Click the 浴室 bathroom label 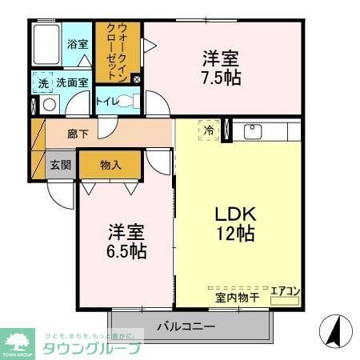[x=78, y=45]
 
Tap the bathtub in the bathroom [x=48, y=46]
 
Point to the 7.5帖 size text [x=222, y=79]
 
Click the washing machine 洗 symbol [x=42, y=82]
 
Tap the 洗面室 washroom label [x=71, y=82]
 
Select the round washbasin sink [x=50, y=104]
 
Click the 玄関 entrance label [x=61, y=165]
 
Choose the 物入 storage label [x=110, y=165]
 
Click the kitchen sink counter [x=264, y=133]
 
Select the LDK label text [x=234, y=214]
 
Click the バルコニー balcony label [x=185, y=326]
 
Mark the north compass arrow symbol [x=334, y=328]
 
